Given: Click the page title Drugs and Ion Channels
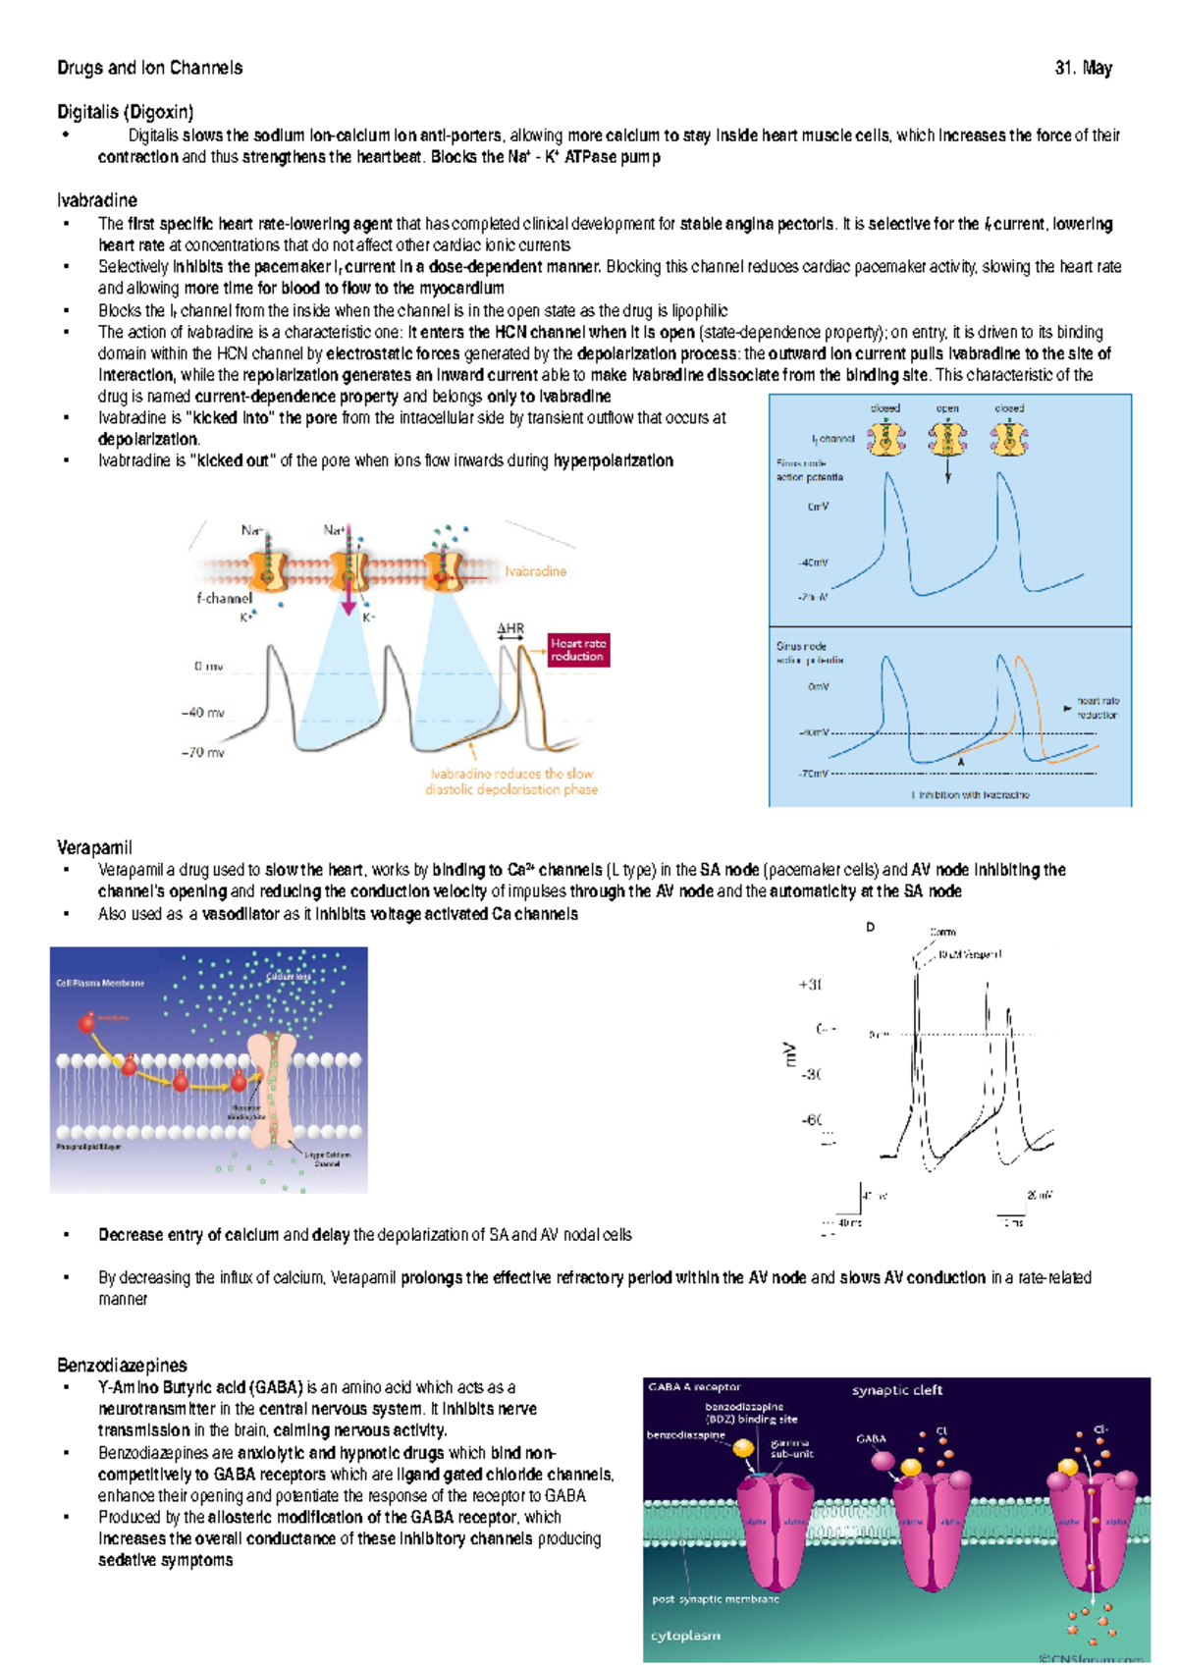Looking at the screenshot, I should click(149, 68).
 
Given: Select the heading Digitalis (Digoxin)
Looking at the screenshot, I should click(126, 112).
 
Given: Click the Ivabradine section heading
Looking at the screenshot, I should click(97, 200).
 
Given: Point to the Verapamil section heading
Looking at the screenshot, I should click(94, 847).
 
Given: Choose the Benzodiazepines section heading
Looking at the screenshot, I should click(122, 1366).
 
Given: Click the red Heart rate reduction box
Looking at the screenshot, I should click(578, 650).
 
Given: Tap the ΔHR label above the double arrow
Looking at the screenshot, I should click(510, 628).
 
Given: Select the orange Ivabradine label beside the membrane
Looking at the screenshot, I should click(536, 571).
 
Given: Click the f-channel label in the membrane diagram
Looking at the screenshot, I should click(224, 598).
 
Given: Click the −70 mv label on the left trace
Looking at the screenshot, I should click(202, 753).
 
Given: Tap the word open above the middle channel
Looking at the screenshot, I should click(947, 408).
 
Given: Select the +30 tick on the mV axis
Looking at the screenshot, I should click(810, 985).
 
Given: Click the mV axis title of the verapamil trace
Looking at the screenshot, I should click(789, 1054).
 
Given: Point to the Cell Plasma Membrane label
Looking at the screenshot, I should click(100, 983).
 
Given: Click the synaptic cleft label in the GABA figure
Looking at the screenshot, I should click(896, 1390).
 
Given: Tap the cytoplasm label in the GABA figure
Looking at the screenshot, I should click(685, 1636).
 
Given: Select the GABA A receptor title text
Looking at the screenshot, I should click(694, 1387).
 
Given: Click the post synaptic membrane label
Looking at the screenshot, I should click(715, 1599).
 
